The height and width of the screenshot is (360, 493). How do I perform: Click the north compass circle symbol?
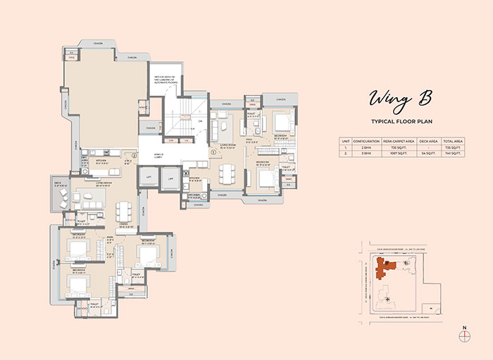coord(463,337)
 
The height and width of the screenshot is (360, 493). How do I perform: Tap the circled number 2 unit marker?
coord(134,155)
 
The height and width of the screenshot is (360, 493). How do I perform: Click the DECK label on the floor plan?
coord(58,182)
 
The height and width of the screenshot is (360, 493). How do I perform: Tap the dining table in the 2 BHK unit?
coord(225,173)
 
